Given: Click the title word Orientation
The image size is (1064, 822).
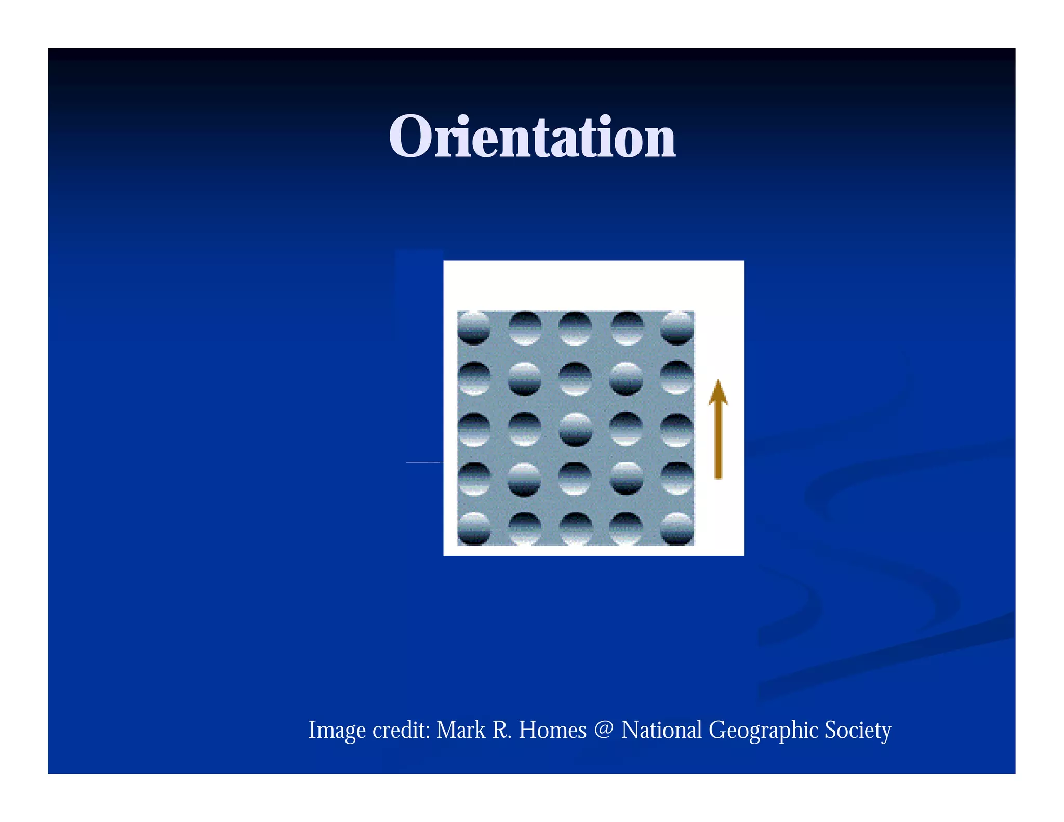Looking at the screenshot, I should tap(532, 137).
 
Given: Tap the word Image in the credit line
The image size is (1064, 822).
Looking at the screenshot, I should tap(337, 730).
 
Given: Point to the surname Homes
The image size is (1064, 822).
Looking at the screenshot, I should tap(552, 730).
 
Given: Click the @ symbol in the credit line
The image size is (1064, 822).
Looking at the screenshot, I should tap(604, 730).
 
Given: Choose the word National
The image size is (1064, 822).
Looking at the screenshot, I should tap(661, 730).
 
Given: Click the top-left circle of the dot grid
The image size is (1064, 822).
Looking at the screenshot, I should tap(473, 328).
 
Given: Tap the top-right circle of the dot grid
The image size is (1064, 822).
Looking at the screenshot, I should tap(677, 328).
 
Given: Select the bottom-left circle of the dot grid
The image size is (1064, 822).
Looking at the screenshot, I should tap(473, 528).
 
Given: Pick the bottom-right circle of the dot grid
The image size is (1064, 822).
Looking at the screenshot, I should tap(677, 528).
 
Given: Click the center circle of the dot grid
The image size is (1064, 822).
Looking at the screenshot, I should tap(575, 429).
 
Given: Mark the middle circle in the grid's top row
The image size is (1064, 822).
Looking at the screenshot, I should tap(575, 328).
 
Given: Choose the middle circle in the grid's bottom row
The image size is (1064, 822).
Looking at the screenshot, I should tap(575, 528).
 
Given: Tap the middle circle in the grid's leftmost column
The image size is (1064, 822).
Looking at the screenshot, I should tap(473, 429).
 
